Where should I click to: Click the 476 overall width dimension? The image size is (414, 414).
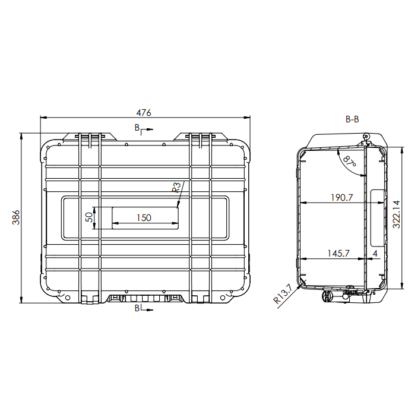click(144, 113)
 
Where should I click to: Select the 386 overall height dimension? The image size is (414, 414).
click(16, 217)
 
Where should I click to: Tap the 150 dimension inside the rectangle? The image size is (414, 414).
click(144, 218)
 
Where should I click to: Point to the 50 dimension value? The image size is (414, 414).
click(90, 217)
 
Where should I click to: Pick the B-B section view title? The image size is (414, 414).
click(352, 119)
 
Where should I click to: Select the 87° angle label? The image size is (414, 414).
click(350, 161)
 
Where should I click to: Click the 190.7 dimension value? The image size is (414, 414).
click(342, 197)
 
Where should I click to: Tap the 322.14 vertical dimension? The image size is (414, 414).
click(396, 214)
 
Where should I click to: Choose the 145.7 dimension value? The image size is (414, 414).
click(339, 254)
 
